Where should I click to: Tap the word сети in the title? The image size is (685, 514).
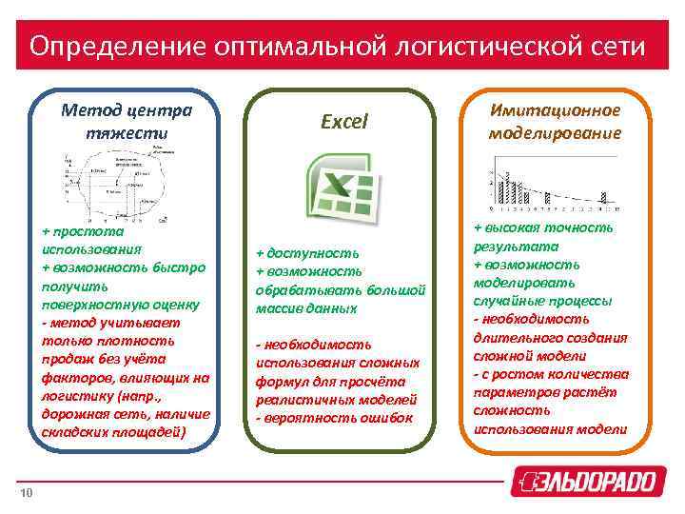[x=613, y=46]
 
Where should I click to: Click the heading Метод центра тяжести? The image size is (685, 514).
[x=126, y=121]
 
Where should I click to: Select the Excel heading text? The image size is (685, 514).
[x=343, y=122]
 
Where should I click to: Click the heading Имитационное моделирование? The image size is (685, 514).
[x=555, y=121]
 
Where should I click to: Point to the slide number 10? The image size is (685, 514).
[x=28, y=492]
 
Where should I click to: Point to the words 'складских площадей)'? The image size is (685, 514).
[x=115, y=433]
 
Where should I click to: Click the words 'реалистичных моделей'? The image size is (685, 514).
[x=337, y=399]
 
